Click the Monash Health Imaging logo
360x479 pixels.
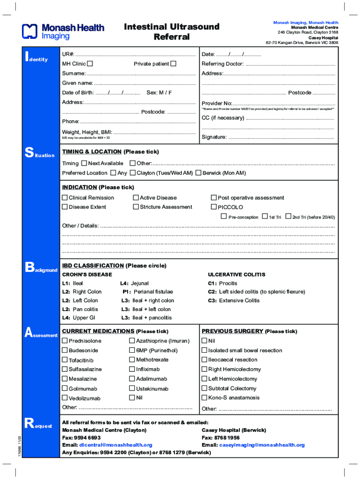pyautogui.click(x=63, y=31)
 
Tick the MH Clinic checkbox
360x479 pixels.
pyautogui.click(x=90, y=64)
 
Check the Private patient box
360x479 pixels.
pyautogui.click(x=173, y=64)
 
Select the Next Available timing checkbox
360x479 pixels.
pyautogui.click(x=84, y=163)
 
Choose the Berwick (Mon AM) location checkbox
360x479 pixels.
pyautogui.click(x=199, y=173)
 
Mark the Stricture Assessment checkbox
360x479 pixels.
pyautogui.click(x=136, y=207)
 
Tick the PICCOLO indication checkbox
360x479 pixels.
pyautogui.click(x=214, y=207)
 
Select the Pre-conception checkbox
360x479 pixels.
pyautogui.click(x=223, y=217)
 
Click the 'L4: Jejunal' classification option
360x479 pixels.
pyautogui.click(x=134, y=283)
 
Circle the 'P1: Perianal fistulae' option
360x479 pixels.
pyautogui.click(x=147, y=291)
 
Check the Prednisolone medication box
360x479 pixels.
pyautogui.click(x=65, y=341)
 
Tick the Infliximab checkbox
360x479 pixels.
pyautogui.click(x=132, y=369)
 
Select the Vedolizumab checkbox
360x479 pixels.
pyautogui.click(x=65, y=398)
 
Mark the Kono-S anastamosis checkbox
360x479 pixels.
pyautogui.click(x=204, y=398)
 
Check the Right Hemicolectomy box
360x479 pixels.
pyautogui.click(x=204, y=369)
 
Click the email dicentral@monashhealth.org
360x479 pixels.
pyautogui.click(x=115, y=445)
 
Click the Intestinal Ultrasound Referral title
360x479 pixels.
pyautogui.click(x=172, y=32)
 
